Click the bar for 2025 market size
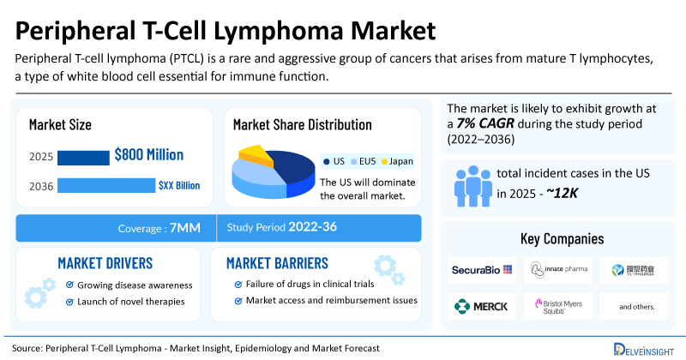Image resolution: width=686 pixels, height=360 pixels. (x=83, y=157)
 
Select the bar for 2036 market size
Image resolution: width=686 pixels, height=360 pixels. (x=106, y=185)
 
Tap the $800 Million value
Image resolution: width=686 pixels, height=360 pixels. (x=149, y=155)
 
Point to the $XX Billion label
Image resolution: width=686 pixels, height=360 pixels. (x=180, y=184)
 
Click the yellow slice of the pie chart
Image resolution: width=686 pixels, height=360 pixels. (x=255, y=154)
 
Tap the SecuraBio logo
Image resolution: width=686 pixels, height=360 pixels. (x=482, y=270)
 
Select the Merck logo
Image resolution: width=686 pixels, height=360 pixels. (x=482, y=306)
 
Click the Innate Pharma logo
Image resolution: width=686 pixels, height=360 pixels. (x=559, y=270)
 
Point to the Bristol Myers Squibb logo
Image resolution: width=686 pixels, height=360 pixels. (x=559, y=306)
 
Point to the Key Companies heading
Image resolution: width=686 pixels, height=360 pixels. (x=562, y=238)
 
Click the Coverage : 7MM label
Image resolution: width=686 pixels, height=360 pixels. (x=159, y=228)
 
